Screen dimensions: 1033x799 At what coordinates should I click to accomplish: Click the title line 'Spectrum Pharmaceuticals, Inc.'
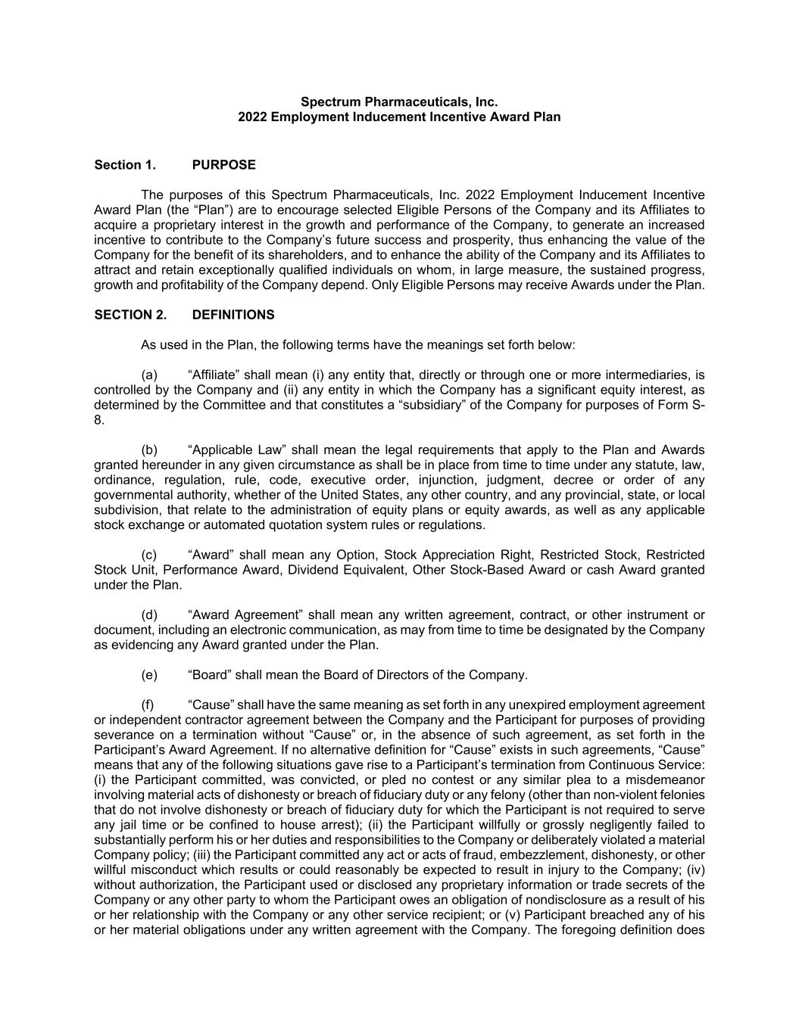pos(399,101)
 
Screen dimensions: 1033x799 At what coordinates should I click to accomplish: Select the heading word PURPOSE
pos(223,165)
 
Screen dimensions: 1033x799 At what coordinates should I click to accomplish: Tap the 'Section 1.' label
pos(125,165)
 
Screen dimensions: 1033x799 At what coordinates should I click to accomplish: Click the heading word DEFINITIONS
pos(233,315)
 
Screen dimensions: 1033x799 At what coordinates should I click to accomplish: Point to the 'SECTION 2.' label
pos(130,315)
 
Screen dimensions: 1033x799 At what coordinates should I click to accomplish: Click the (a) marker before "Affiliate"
pos(149,375)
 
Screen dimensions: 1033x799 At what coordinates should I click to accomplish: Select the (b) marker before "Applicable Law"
pos(149,450)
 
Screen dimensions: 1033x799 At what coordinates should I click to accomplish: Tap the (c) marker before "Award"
pos(149,555)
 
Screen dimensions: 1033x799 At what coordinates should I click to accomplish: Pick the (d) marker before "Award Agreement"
pos(149,615)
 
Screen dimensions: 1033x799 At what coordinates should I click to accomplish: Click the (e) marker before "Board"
pos(149,674)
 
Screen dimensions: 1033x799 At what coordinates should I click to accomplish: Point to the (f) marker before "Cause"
pos(148,705)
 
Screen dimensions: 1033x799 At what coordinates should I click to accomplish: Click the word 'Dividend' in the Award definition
pos(311,570)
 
